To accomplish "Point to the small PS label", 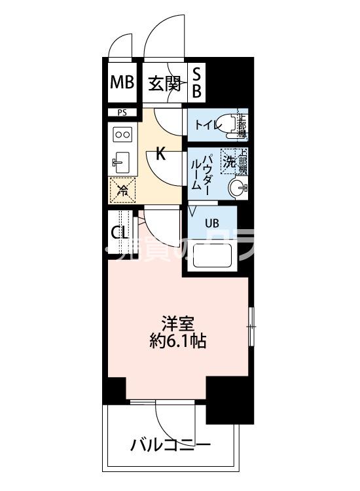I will (122, 113).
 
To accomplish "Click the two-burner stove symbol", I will (122, 134).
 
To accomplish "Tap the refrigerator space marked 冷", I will (122, 191).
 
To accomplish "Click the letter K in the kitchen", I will (160, 155).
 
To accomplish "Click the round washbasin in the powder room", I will (239, 189).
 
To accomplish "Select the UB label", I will (212, 223).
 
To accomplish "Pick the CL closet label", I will (119, 233).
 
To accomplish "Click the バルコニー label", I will (170, 446).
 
